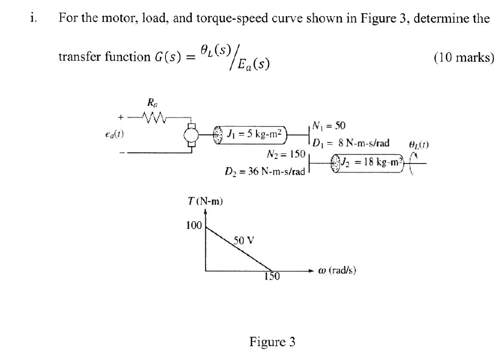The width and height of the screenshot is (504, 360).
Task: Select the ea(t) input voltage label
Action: point(117,135)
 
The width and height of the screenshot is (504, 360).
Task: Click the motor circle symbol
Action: point(193,136)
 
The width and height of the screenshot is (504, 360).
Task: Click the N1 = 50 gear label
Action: point(329,126)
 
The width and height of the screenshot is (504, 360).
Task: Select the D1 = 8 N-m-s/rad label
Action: point(351,143)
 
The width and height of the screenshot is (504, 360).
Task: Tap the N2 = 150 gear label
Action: point(284,154)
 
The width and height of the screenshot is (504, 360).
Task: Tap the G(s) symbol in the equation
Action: point(167,57)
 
